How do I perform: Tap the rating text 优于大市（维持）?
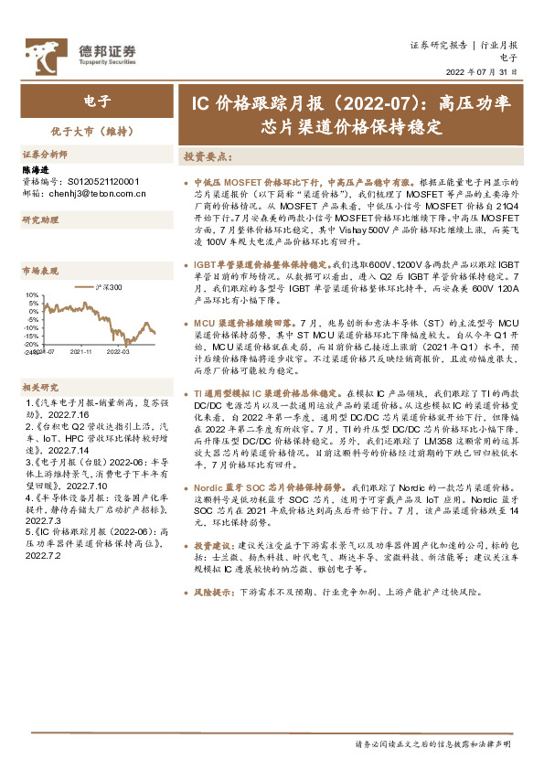96,131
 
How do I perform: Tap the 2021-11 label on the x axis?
82,350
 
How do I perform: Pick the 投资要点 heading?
208,157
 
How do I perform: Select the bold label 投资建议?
212,545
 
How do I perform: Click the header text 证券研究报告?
438,44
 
